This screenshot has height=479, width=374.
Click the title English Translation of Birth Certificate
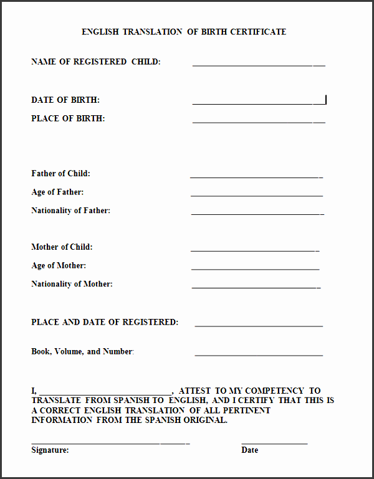[x=184, y=32]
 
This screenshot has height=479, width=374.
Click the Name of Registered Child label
[x=96, y=62]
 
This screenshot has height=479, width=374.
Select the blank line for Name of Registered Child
[x=259, y=65]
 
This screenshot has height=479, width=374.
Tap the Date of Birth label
[x=65, y=100]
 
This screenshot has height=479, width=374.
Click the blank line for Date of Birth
[x=259, y=103]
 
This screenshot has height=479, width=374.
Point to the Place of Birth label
[x=68, y=118]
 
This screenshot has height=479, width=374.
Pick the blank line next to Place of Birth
[x=259, y=121]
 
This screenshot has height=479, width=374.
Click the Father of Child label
[x=60, y=173]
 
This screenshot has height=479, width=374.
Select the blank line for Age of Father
[x=257, y=196]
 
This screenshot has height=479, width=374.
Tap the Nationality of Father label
[x=70, y=211]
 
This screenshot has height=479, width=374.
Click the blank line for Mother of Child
[x=255, y=250]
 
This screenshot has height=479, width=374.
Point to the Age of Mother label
[x=59, y=265]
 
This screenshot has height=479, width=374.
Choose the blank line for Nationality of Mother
[x=256, y=288]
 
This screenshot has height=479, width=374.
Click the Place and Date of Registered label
[x=105, y=322]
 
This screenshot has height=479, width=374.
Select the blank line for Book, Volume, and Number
[x=259, y=355]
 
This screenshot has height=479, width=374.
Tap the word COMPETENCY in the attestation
[x=274, y=391]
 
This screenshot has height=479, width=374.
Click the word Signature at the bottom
[x=50, y=450]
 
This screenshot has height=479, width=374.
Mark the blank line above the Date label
[x=274, y=443]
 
